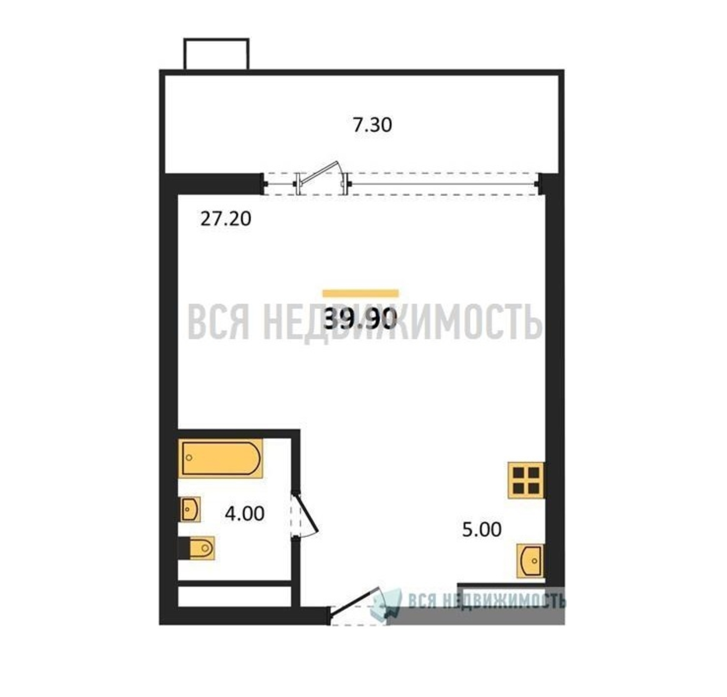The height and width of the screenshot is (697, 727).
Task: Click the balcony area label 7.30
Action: click(372, 125)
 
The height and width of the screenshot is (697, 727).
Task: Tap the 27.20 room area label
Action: click(226, 219)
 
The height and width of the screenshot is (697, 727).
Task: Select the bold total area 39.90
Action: click(361, 319)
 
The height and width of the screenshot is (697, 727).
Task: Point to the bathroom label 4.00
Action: click(245, 513)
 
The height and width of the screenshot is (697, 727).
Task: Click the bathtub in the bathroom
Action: click(220, 458)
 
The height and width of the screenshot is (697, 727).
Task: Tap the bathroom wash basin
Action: click(191, 509)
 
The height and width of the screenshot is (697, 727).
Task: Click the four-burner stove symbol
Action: click(526, 480)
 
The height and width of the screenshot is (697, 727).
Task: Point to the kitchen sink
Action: click(530, 561)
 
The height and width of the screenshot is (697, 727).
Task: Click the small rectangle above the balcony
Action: click(216, 54)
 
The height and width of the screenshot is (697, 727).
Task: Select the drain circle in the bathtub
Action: click(189, 458)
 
